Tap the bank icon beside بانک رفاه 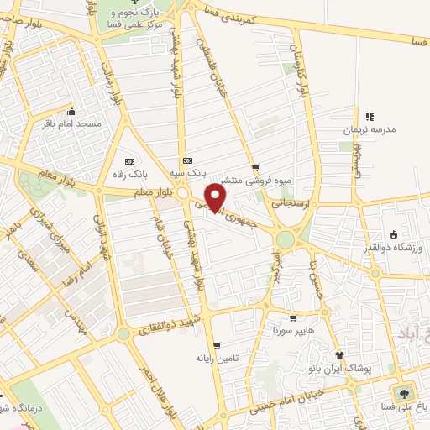tap(128, 161)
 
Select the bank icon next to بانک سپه tap(186, 161)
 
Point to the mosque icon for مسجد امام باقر tap(72, 111)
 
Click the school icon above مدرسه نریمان tap(369, 117)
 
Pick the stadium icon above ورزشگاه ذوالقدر tap(392, 235)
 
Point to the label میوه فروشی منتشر tap(255, 179)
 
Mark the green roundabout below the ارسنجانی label tap(286, 239)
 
